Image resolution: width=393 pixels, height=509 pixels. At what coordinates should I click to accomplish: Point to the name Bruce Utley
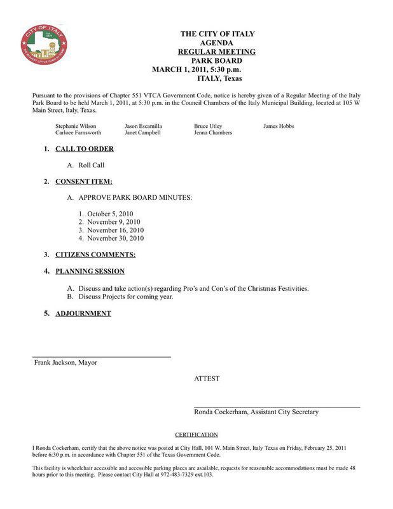pyautogui.click(x=209, y=126)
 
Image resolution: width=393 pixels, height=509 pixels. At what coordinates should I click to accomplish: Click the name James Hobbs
pyautogui.click(x=279, y=126)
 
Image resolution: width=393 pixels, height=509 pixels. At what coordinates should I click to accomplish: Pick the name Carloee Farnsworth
pyautogui.click(x=78, y=133)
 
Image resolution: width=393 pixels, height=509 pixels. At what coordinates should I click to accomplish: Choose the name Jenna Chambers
pyautogui.click(x=213, y=133)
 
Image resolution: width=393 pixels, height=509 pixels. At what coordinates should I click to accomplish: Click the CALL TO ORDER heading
pyautogui.click(x=85, y=149)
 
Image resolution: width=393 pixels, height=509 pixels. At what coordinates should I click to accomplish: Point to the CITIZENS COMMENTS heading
pyautogui.click(x=95, y=254)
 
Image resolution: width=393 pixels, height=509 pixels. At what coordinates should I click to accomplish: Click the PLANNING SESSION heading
pyautogui.click(x=90, y=271)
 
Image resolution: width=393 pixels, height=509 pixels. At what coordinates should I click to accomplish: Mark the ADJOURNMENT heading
pyautogui.click(x=83, y=313)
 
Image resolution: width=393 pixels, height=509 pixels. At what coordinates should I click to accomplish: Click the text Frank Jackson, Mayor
pyautogui.click(x=65, y=363)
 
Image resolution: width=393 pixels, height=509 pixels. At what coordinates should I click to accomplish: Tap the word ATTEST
pyautogui.click(x=207, y=379)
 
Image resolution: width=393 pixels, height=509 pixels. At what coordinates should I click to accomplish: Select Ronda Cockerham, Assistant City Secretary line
pyautogui.click(x=256, y=412)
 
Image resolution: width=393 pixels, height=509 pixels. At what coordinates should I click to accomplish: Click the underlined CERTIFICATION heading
pyautogui.click(x=196, y=435)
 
